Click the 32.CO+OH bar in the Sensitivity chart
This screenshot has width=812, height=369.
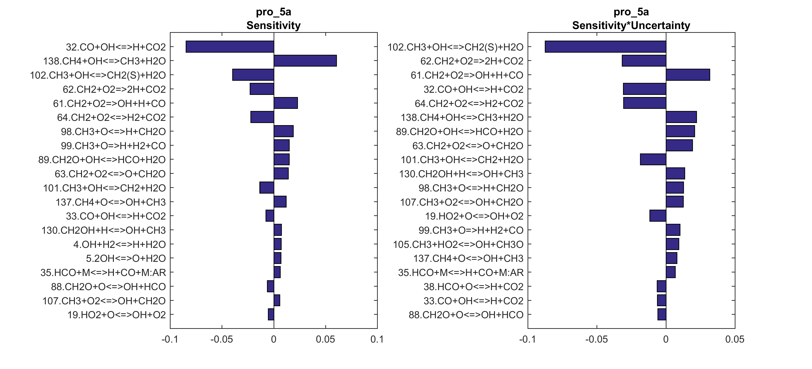pos(230,47)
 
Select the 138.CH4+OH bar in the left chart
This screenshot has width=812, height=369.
pos(305,61)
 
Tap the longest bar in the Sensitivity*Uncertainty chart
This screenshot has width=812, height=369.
pos(605,47)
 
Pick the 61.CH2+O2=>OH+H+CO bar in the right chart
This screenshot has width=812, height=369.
pos(688,75)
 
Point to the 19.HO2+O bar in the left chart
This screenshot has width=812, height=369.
pos(271,314)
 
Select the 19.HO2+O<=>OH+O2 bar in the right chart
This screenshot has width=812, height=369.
pos(658,216)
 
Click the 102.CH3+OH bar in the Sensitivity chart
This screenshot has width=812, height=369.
pos(253,75)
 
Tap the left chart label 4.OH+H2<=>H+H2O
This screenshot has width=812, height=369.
pos(120,244)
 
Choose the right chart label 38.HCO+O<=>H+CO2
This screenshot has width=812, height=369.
pos(473,287)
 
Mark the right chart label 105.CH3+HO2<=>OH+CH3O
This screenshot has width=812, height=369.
pos(458,244)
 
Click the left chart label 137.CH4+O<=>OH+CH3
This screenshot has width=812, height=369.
pos(111,202)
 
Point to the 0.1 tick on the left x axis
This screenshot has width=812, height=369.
pos(377,339)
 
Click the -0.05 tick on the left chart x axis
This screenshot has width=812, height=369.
pos(222,339)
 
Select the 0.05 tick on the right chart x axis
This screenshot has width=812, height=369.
pos(735,339)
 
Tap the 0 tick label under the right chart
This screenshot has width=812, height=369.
pos(666,339)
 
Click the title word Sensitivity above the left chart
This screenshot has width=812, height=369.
pos(273,25)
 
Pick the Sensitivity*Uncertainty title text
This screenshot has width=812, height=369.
pos(631,25)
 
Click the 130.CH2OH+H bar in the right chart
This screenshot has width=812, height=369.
pos(675,174)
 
